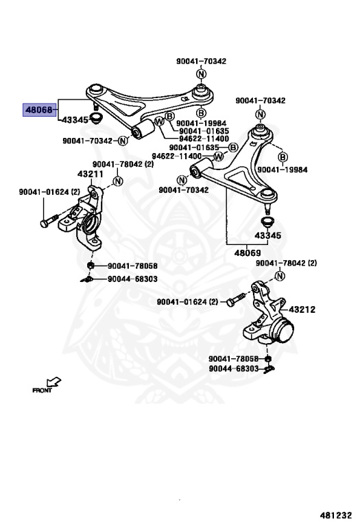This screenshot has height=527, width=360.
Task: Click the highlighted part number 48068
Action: point(39,110)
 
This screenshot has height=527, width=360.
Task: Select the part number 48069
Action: point(247,253)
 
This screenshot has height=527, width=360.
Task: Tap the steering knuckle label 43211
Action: point(91,174)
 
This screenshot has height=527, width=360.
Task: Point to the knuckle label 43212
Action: point(302,309)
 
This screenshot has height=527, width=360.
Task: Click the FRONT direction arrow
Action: point(53,382)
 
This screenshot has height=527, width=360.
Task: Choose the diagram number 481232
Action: point(335,515)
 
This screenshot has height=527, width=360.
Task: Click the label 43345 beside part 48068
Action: point(75,120)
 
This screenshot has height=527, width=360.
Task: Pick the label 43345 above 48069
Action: point(267,235)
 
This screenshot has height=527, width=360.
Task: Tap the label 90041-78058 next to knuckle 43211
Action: point(132,266)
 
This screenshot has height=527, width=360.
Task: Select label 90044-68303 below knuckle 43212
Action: point(234,368)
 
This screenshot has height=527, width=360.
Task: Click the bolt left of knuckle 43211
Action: point(49,220)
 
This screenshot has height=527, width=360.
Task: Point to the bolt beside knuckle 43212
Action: point(236,299)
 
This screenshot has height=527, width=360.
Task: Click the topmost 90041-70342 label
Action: point(201,61)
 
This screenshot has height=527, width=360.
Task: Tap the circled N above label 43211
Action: point(118,181)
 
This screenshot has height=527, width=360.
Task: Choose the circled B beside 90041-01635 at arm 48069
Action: point(232,148)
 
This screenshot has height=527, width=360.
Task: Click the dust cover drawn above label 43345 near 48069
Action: point(267,222)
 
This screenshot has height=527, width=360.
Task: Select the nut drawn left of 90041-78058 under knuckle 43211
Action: point(90,266)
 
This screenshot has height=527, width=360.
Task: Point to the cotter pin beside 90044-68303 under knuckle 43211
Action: point(86,280)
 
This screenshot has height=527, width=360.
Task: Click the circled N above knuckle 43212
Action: point(280,276)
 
